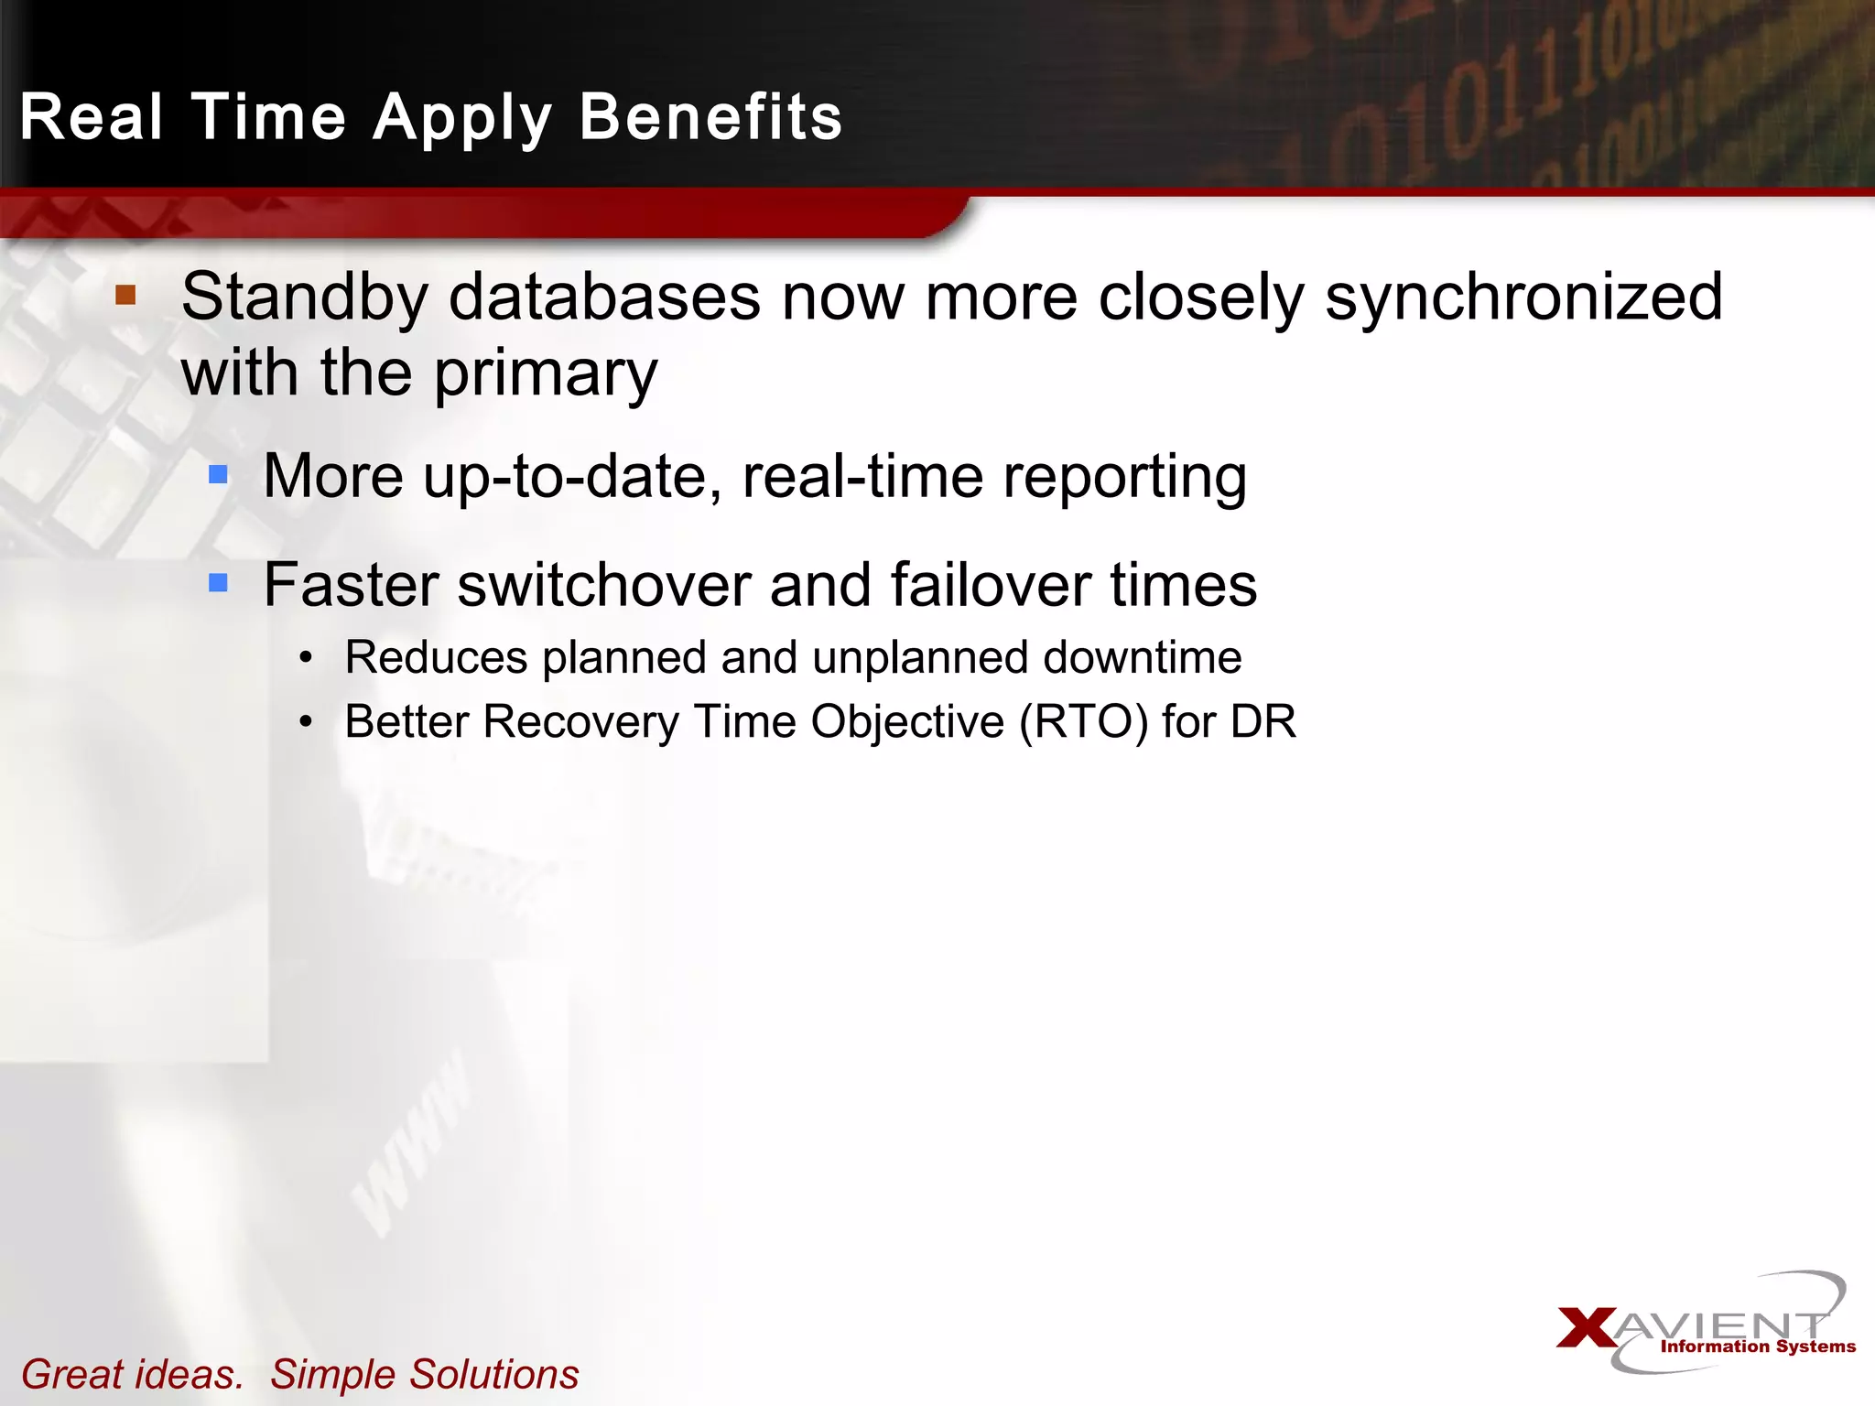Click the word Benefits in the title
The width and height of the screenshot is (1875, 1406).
[710, 117]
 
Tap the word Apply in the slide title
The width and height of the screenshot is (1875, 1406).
[463, 119]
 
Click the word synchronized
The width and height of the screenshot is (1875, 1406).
[1523, 297]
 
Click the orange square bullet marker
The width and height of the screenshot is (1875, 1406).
[125, 295]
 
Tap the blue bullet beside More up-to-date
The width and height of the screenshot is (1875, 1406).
[218, 473]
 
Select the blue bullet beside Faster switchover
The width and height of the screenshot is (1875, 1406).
[218, 582]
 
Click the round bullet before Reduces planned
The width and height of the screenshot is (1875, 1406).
[306, 657]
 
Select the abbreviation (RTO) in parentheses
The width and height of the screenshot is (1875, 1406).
[1083, 721]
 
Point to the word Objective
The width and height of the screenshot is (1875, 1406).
[907, 721]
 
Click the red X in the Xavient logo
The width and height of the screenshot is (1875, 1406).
[1588, 1328]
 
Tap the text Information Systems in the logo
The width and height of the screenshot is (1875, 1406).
[1758, 1346]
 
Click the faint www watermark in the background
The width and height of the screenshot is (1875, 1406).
[412, 1144]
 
